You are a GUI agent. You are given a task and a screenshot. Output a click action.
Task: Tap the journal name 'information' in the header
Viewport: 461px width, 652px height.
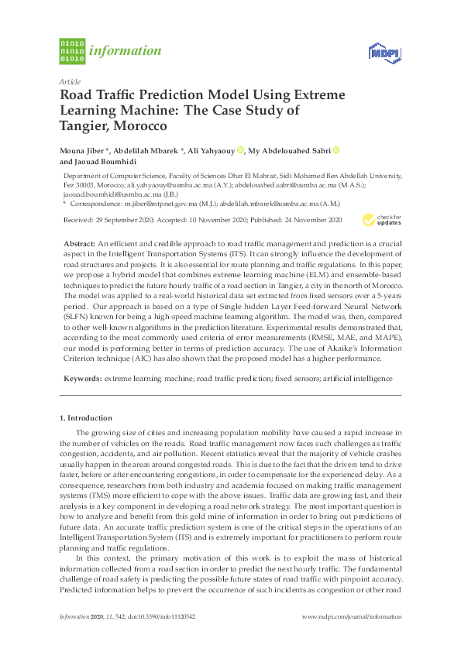[126, 51]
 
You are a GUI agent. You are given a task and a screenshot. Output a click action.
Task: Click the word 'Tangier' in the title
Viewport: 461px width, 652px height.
[85, 125]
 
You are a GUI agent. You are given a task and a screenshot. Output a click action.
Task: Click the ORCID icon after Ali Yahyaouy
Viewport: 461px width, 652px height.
[241, 150]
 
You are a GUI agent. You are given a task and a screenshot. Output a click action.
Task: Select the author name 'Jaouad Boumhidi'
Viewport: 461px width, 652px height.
[105, 162]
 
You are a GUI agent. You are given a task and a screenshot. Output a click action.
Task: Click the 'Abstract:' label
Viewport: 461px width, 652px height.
[79, 243]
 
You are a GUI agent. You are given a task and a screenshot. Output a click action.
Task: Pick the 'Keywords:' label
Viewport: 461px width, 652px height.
[82, 379]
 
